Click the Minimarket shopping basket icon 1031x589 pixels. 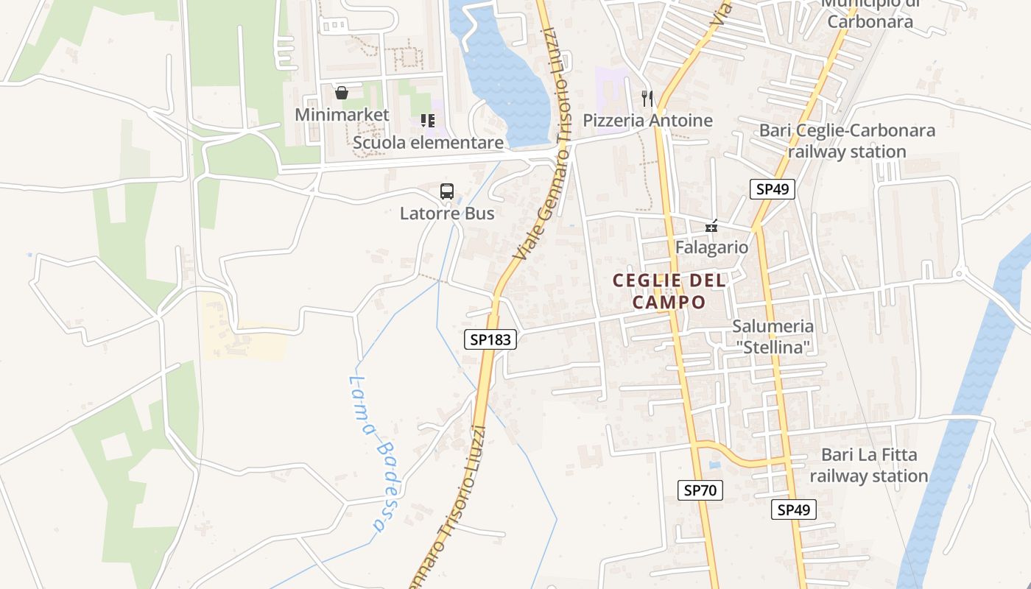tap(342, 93)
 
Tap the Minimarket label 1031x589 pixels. tap(342, 115)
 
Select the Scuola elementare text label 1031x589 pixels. tap(429, 142)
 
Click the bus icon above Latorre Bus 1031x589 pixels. tap(447, 191)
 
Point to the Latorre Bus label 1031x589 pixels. tap(447, 214)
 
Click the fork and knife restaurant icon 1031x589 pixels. tap(647, 97)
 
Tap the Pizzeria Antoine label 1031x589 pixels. tap(648, 120)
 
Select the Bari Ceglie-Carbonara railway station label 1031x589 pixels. tap(847, 141)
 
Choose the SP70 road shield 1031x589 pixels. tap(700, 490)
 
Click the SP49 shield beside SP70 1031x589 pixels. tap(794, 509)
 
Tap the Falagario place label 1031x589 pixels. tap(711, 247)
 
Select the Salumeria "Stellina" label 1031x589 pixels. tap(773, 336)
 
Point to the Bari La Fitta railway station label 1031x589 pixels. tap(869, 465)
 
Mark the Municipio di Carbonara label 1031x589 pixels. tap(870, 13)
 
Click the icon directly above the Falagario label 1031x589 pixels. tap(711, 226)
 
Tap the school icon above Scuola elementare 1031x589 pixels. tap(428, 120)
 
